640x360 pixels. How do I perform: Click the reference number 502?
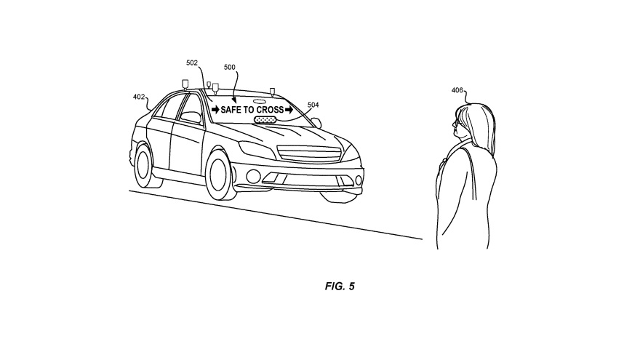coord(192,63)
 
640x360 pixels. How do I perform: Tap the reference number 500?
coord(230,68)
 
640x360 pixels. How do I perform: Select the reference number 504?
coord(313,105)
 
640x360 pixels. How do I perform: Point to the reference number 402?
coord(139,97)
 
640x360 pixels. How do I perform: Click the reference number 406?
coord(457,90)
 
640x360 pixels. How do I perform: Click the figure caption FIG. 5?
coord(340,286)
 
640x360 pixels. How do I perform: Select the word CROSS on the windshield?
coord(271,110)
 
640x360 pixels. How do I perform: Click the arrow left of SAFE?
coord(215,110)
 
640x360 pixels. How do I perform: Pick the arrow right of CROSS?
coord(289,110)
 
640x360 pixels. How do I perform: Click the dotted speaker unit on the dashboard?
coord(265,119)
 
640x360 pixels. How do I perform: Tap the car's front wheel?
coord(221,175)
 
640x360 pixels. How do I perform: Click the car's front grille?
coord(309,154)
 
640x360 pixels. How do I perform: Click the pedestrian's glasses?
coord(455,123)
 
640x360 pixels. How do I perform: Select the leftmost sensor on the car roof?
coord(185,84)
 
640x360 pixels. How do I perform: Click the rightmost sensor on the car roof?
coord(272,91)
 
